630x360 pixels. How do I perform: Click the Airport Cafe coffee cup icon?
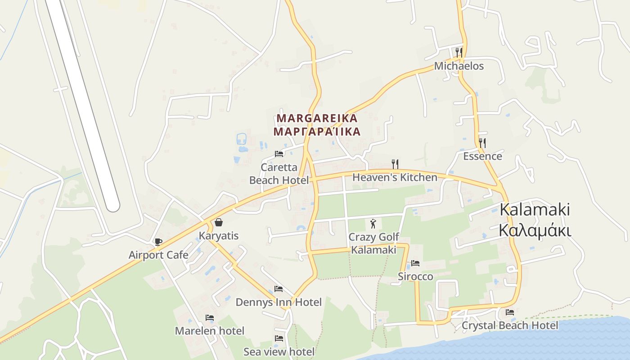tap(158, 242)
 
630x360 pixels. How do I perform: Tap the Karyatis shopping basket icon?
tap(219, 222)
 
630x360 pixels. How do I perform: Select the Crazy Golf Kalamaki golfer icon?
tap(373, 223)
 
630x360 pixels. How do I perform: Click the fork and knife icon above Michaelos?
tap(459, 52)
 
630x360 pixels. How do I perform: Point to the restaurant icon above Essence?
tap(482, 143)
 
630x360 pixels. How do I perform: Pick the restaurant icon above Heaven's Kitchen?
tap(395, 164)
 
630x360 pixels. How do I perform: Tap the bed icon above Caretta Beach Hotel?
tap(279, 154)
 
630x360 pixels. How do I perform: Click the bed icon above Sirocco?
tap(415, 263)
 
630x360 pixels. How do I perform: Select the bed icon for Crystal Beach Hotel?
tap(510, 312)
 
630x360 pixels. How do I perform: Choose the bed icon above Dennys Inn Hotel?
tap(279, 289)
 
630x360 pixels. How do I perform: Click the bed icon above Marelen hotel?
tap(210, 318)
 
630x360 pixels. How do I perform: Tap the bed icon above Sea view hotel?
tap(279, 338)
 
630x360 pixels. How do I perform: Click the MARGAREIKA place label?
tap(317, 118)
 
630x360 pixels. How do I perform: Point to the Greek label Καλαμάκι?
tap(535, 230)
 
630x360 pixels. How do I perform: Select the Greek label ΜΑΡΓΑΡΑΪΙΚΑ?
tap(317, 132)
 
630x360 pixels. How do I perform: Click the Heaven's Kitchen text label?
tap(395, 177)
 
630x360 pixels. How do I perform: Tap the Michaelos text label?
tap(459, 66)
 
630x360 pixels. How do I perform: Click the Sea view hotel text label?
tap(279, 351)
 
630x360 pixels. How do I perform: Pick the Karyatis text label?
tap(219, 236)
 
